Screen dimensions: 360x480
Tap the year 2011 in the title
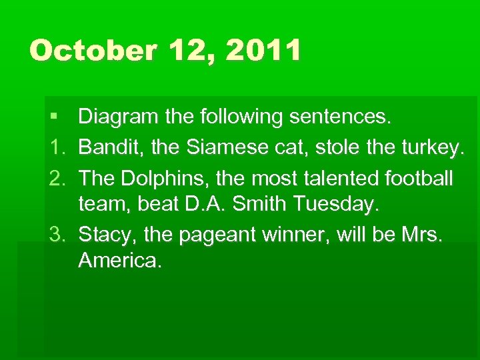pyautogui.click(x=263, y=51)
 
